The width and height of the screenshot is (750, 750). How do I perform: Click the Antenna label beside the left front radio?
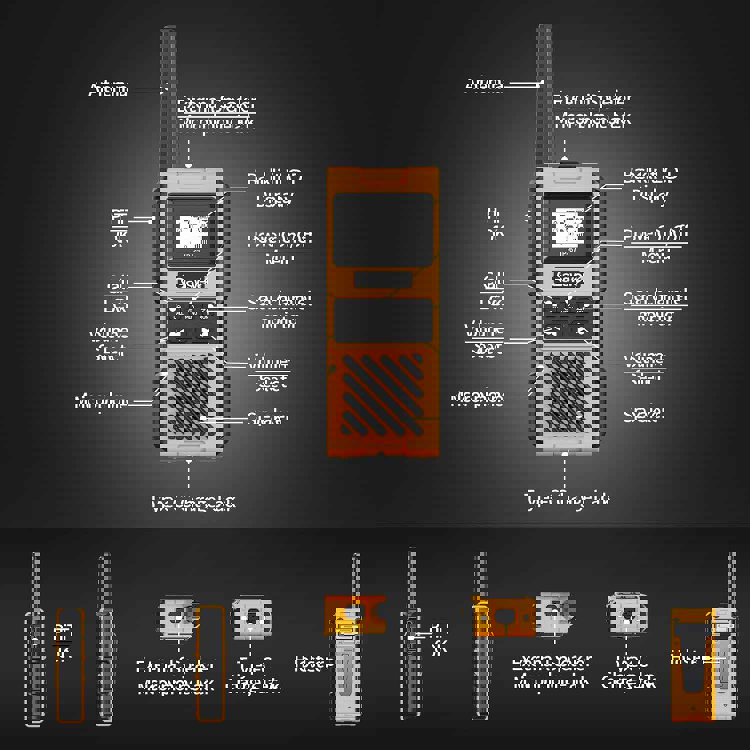[x=108, y=90]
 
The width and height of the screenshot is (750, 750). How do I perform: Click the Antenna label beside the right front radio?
[x=484, y=84]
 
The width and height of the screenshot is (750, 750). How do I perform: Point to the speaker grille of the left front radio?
[x=187, y=395]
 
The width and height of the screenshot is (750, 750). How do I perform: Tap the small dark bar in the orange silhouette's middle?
[x=383, y=280]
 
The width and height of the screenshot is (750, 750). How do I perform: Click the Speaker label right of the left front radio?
[x=268, y=418]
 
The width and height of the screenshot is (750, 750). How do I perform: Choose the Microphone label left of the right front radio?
[x=477, y=398]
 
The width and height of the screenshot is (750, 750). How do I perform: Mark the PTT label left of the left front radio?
[x=119, y=219]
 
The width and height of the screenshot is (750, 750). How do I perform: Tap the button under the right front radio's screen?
[x=568, y=278]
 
